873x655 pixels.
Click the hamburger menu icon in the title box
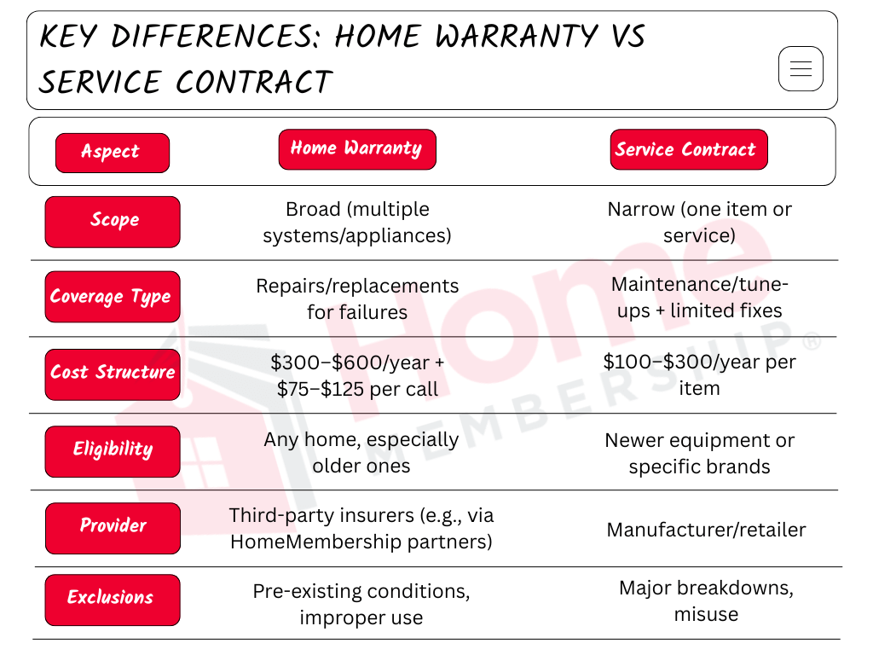point(801,69)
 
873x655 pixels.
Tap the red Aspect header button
point(112,153)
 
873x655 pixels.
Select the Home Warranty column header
point(356,149)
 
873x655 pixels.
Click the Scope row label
point(113,222)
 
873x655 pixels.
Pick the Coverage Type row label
point(113,297)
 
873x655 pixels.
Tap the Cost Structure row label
point(113,374)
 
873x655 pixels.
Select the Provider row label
point(113,527)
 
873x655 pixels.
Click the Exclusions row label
point(113,599)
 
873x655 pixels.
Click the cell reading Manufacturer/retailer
point(706,530)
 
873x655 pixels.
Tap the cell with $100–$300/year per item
point(699,374)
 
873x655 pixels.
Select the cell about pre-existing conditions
point(361,604)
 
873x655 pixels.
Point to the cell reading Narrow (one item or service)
point(699,222)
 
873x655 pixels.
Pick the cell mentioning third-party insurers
point(361,528)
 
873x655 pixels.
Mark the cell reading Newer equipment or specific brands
point(699,453)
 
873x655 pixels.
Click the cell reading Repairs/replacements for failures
point(357,299)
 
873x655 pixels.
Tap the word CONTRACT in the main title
point(254,83)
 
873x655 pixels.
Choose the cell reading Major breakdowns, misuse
point(706,600)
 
